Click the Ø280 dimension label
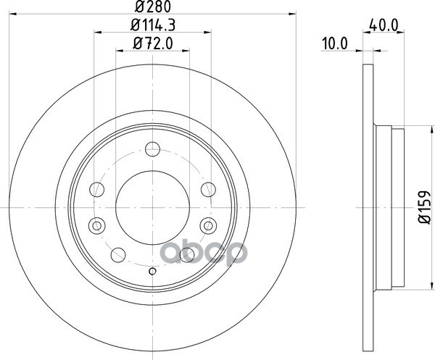(x=153, y=7)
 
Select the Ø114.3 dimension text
(x=153, y=25)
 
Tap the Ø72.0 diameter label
(x=153, y=43)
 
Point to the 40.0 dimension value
(x=384, y=25)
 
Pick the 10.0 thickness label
(x=335, y=43)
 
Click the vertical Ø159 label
(x=424, y=207)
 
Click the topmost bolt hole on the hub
(x=152, y=149)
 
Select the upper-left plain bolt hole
(x=97, y=190)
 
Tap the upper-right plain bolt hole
(x=208, y=190)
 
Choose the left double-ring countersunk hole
(x=97, y=225)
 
